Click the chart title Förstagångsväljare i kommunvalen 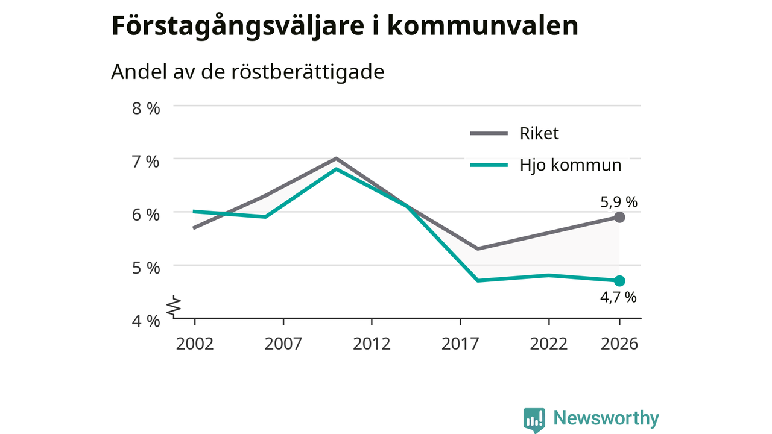[x=344, y=27]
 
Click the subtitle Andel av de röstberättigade [x=247, y=72]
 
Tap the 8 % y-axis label [x=146, y=108]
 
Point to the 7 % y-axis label [x=146, y=162]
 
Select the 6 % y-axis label [x=146, y=215]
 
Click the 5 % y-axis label [x=146, y=268]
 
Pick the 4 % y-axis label [x=146, y=321]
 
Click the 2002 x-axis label [x=195, y=344]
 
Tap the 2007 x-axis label [x=283, y=344]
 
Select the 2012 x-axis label [x=372, y=344]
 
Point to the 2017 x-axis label [x=460, y=344]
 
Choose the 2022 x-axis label [x=549, y=344]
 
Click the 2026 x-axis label [x=619, y=344]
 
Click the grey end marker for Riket [x=619, y=217]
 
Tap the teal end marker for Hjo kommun [x=619, y=281]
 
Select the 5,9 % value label [x=619, y=202]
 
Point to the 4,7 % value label [x=618, y=297]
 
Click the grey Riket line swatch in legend [x=489, y=133]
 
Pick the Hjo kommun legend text [x=571, y=165]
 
